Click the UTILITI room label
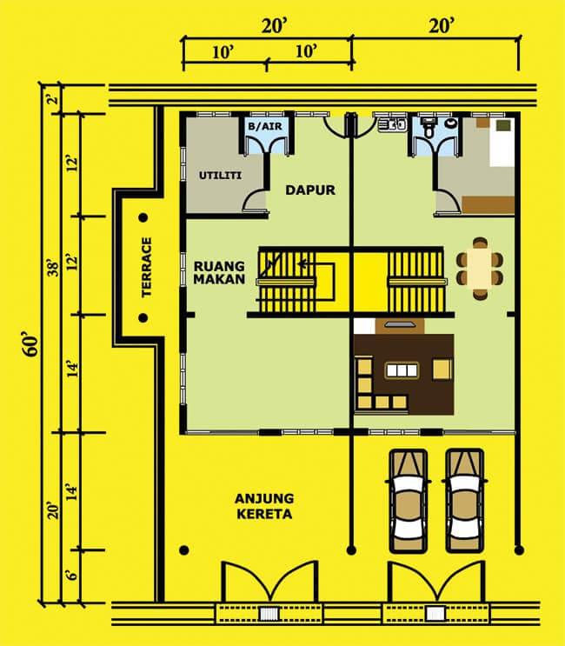(x=220, y=176)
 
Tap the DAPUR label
(x=310, y=190)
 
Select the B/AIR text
(x=266, y=126)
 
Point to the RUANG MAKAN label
(x=219, y=272)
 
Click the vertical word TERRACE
(x=146, y=268)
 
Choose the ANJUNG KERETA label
(x=264, y=506)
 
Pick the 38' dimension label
(x=54, y=268)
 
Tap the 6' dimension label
(x=72, y=575)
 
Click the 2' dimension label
(x=53, y=99)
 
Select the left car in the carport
(x=408, y=501)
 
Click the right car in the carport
(x=464, y=501)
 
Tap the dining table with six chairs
(x=480, y=268)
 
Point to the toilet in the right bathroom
(x=429, y=126)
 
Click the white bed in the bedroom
(x=502, y=142)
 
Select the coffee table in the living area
(x=402, y=370)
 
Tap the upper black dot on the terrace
(x=143, y=217)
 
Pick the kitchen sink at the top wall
(x=392, y=124)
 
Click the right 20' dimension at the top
(x=442, y=27)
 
